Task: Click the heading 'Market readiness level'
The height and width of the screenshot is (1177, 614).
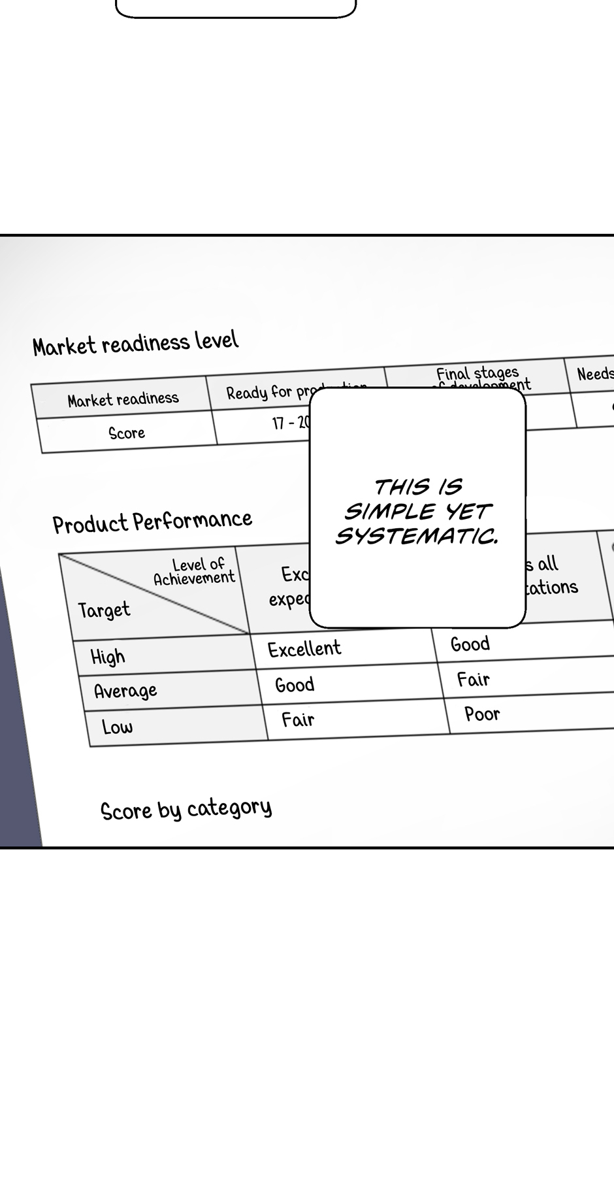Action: point(136,344)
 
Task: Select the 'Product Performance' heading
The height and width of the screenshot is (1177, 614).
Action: point(152,522)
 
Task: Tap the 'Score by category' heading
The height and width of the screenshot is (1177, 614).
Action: point(186,809)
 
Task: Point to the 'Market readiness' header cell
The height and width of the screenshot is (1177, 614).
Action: point(123,399)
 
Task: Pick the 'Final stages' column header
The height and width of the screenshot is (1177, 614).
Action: point(477,374)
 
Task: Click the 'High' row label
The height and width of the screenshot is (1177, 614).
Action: point(108,656)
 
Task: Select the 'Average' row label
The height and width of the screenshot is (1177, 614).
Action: point(125,691)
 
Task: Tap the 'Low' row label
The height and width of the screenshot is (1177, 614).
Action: point(117,726)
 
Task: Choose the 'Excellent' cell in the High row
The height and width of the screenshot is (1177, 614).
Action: point(304,648)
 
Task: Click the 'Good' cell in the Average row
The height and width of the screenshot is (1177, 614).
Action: point(295,684)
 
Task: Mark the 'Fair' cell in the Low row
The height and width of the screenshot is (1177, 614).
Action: point(298,720)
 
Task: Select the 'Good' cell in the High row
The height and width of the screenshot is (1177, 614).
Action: point(470,644)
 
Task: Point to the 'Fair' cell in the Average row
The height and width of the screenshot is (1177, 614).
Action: point(474,680)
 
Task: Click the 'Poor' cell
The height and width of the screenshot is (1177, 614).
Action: point(482,714)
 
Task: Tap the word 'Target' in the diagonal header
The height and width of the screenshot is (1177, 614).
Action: point(104,610)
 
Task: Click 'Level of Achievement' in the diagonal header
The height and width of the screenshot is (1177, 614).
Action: point(195,571)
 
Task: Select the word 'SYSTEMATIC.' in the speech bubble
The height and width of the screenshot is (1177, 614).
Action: point(417,537)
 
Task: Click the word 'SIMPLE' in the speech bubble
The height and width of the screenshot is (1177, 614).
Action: point(391,512)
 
